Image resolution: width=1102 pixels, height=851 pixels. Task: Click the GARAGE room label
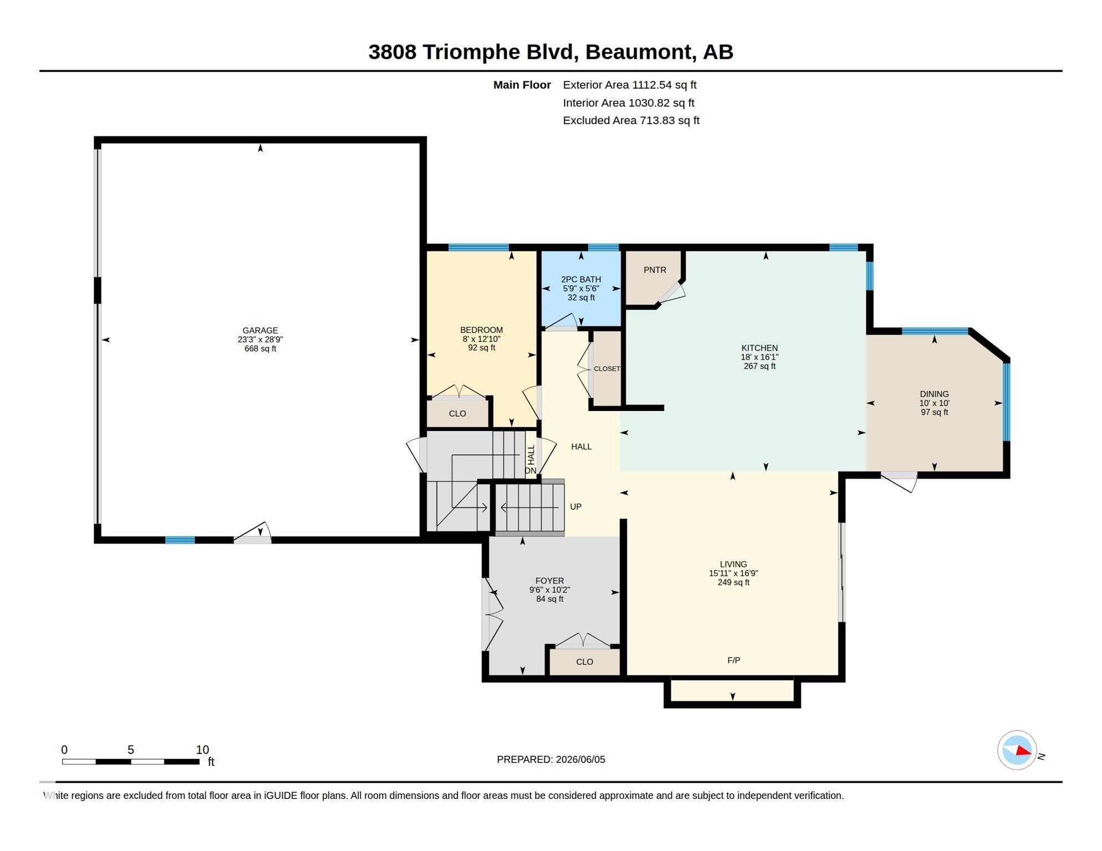[x=260, y=330]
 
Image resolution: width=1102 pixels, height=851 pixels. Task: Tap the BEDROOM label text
[x=481, y=330]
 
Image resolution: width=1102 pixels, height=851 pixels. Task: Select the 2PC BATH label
[x=581, y=279]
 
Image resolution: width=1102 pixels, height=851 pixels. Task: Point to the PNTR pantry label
[x=655, y=270]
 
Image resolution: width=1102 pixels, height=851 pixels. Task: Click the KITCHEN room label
[x=759, y=348]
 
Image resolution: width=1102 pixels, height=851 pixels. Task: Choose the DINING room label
[x=934, y=394]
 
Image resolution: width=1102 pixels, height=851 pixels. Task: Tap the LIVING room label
[x=733, y=564]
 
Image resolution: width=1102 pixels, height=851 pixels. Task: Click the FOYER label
[x=549, y=581]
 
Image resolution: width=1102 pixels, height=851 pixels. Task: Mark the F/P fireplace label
[x=733, y=660]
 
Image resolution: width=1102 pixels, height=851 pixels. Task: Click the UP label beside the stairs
[x=575, y=506]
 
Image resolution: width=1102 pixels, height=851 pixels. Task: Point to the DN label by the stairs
[x=530, y=470]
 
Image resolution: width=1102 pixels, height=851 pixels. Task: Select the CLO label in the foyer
[x=584, y=662]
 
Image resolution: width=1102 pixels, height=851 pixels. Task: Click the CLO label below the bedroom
[x=457, y=413]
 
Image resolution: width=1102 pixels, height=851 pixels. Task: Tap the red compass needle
[x=1023, y=751]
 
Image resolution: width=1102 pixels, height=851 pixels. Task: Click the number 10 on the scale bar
[x=202, y=750]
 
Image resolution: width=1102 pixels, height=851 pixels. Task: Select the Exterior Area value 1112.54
[x=652, y=85]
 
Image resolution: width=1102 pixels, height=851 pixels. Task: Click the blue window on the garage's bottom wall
[x=180, y=540]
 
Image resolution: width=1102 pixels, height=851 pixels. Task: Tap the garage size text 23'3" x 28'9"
[x=260, y=340]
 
